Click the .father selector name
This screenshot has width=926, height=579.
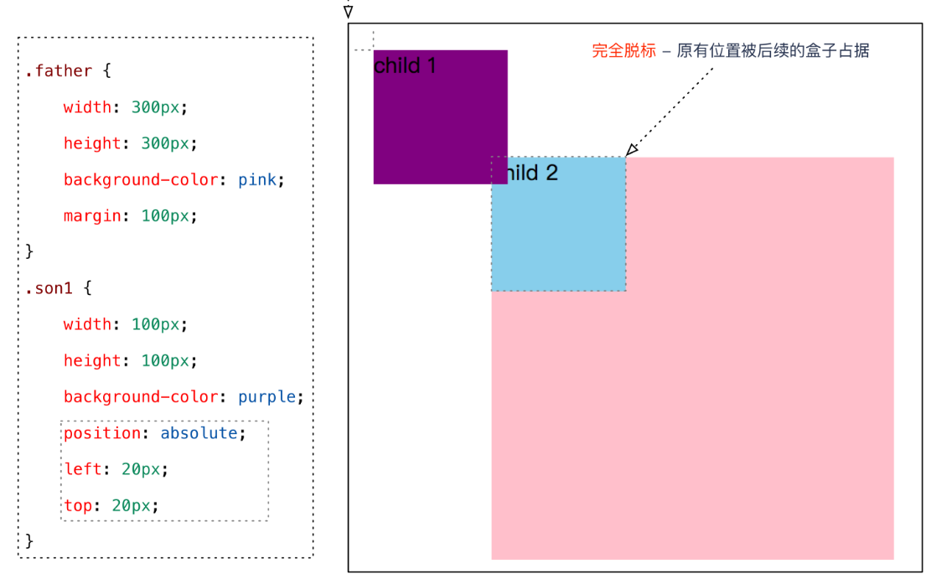58,71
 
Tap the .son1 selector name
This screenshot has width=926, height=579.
49,289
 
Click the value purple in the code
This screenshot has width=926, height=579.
266,397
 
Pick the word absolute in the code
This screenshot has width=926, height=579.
199,433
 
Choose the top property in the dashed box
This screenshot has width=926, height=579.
78,505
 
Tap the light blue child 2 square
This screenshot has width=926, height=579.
558,235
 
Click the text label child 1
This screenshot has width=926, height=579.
405,65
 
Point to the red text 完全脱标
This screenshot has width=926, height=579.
623,51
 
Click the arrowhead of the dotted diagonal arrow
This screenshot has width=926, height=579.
632,149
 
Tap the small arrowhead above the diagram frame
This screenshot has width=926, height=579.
349,12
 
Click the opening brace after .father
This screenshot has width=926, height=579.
107,71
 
